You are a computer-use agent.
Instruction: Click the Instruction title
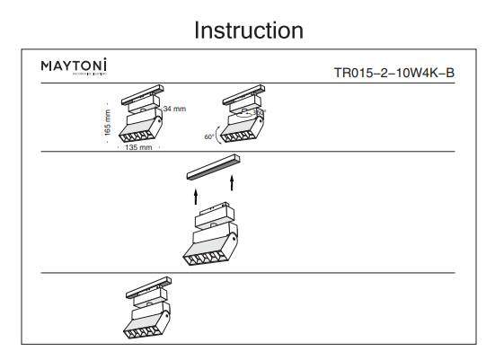(249, 30)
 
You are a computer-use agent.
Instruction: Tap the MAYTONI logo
(75, 66)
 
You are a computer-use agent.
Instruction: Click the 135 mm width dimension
(137, 147)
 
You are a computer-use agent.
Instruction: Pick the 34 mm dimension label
(174, 109)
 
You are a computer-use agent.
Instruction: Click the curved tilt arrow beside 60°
(217, 127)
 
